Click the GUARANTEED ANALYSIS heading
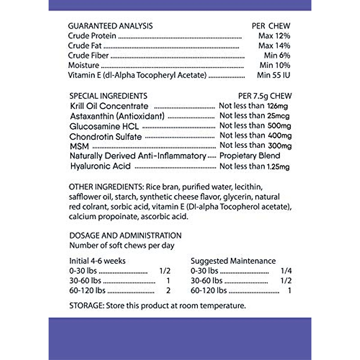[x=110, y=26]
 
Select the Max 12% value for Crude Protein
[x=274, y=36]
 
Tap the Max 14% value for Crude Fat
[x=274, y=46]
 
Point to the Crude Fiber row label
[x=88, y=55]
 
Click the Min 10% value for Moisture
[x=275, y=65]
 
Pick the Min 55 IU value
[x=273, y=75]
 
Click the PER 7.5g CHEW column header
[x=265, y=96]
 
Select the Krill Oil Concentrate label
[x=109, y=106]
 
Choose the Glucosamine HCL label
[x=104, y=126]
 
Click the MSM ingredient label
[x=79, y=146]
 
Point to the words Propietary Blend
[x=250, y=156]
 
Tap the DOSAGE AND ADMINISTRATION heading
[x=125, y=235]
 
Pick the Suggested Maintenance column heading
[x=233, y=261]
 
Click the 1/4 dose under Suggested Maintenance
[x=286, y=271]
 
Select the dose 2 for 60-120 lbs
[x=168, y=290]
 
